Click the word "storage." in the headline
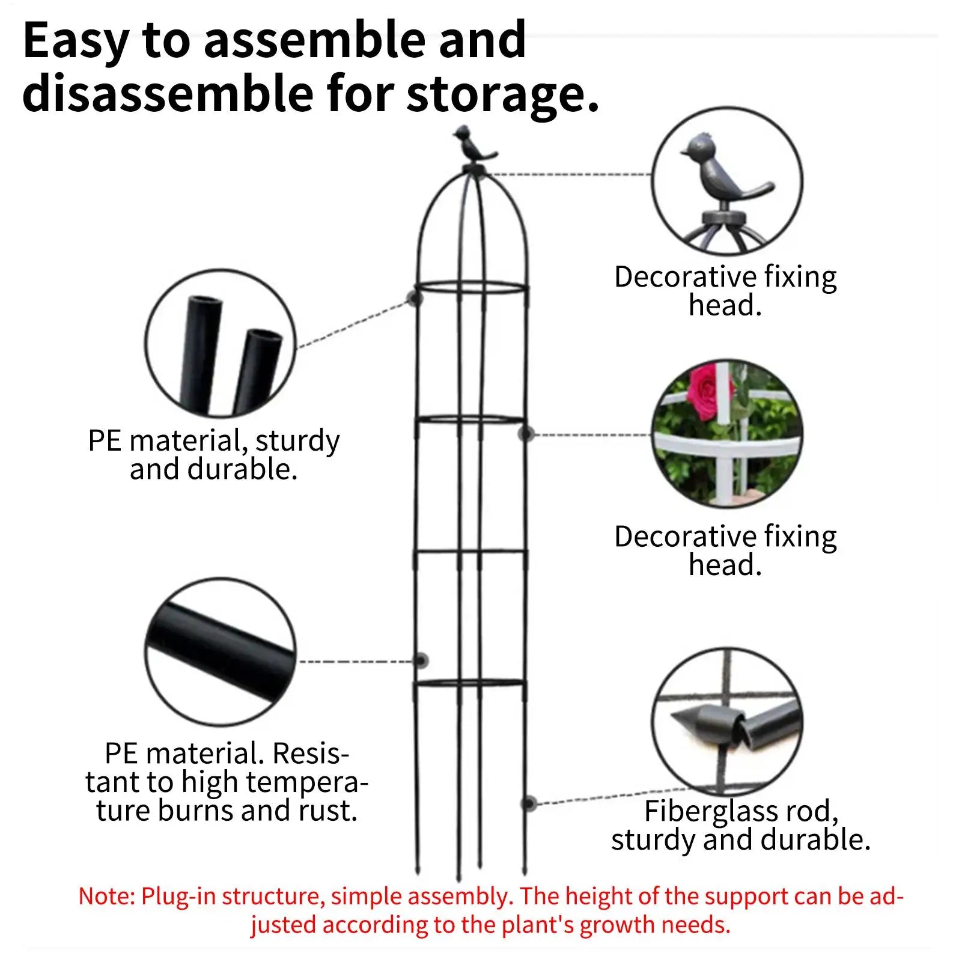point(503,94)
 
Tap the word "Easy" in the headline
point(76,41)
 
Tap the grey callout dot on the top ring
point(413,297)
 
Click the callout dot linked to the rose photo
point(527,434)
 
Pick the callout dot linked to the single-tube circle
point(422,661)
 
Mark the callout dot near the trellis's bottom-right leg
point(529,803)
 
